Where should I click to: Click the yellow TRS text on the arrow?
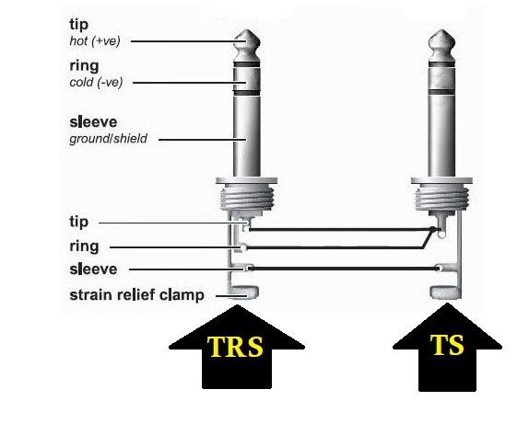click(235, 347)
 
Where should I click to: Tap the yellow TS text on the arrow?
click(447, 345)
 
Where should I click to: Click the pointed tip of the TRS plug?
click(247, 30)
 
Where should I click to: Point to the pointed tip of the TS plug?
click(441, 30)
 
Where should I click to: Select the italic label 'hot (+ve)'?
click(95, 41)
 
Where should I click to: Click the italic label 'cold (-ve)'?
click(96, 83)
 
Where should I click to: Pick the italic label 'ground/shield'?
click(109, 139)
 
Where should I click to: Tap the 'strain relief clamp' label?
click(136, 295)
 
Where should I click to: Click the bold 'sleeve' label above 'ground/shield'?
click(93, 122)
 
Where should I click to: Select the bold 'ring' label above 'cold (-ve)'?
click(84, 66)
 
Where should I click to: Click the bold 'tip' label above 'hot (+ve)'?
click(78, 25)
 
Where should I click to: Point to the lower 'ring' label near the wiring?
click(84, 246)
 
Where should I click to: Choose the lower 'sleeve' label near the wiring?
click(93, 269)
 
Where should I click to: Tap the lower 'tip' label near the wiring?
click(78, 222)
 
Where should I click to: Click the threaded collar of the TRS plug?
click(247, 199)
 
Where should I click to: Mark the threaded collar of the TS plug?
click(441, 199)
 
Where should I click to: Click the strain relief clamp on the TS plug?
click(445, 292)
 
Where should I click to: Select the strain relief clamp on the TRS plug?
click(243, 292)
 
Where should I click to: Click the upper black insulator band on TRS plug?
click(247, 64)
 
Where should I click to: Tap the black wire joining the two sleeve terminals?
click(344, 269)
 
